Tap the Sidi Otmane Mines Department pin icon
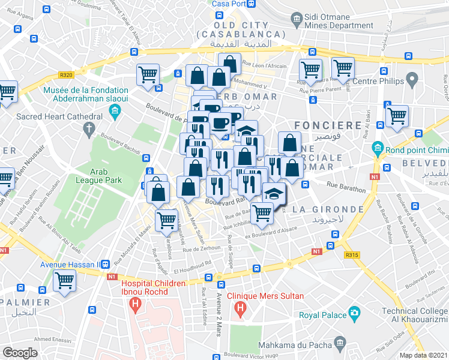click(297, 21)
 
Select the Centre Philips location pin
click(412, 79)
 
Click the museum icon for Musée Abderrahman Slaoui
click(115, 111)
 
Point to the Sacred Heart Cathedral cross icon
click(89, 128)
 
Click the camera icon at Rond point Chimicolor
click(378, 147)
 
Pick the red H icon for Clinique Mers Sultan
click(240, 309)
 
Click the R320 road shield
click(66, 75)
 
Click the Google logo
click(20, 353)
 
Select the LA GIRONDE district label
click(328, 209)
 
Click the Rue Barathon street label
click(346, 189)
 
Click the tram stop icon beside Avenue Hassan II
click(106, 264)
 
